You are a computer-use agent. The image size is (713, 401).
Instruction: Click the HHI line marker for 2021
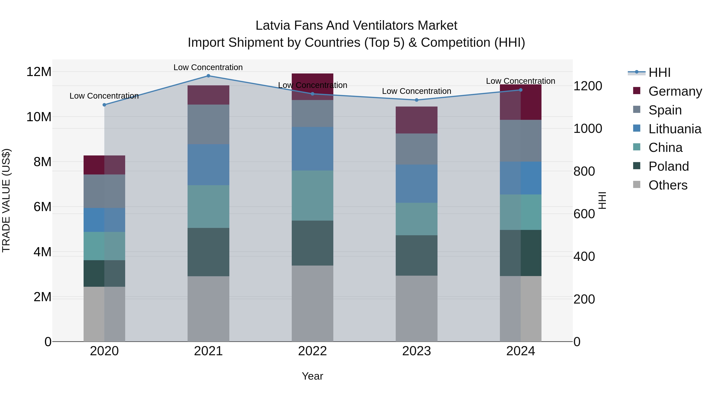pos(208,76)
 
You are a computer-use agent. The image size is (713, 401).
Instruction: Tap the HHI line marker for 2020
pos(104,105)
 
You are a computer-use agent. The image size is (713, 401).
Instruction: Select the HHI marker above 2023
pos(417,100)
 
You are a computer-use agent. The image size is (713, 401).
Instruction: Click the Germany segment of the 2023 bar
pos(417,120)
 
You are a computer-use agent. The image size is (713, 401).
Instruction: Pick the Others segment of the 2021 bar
pos(208,309)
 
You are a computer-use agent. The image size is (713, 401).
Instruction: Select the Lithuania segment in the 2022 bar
pos(313,149)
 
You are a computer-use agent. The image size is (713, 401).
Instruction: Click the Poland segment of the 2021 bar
pos(208,252)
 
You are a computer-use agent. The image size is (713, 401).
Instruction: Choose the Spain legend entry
pos(665,110)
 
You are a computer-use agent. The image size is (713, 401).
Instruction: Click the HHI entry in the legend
pos(659,72)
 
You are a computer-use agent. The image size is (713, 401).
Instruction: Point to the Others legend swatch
pos(637,185)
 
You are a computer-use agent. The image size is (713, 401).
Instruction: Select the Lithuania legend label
pos(675,129)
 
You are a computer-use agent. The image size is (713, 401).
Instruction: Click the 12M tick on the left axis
pos(39,72)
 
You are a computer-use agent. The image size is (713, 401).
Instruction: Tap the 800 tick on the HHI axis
pos(584,171)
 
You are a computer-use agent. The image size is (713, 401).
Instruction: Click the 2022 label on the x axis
pos(313,351)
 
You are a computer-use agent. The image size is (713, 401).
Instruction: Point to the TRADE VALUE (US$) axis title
pos(6,200)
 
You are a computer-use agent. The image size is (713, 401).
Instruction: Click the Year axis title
pos(313,376)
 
